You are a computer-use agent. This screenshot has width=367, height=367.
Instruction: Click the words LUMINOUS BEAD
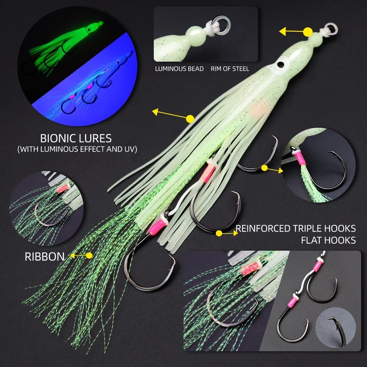point(179,69)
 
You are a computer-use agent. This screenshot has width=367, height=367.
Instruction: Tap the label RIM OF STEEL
point(230,69)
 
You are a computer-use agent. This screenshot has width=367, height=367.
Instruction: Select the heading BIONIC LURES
point(76,138)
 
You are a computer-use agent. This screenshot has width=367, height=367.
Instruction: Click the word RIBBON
point(45,257)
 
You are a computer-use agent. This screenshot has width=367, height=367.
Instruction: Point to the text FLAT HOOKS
point(328,240)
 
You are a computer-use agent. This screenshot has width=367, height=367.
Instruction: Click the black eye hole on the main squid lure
point(279,64)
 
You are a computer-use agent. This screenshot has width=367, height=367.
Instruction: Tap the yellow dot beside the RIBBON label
point(89,255)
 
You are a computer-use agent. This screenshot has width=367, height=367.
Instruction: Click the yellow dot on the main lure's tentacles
point(190,119)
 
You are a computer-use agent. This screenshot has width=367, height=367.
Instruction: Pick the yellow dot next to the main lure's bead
point(308,32)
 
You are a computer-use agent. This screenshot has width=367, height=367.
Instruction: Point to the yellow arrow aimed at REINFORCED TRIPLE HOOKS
point(227,233)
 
